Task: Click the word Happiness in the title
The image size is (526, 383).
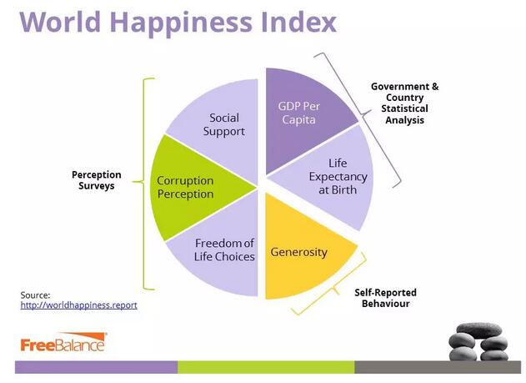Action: (x=181, y=23)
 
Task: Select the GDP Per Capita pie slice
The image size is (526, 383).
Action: (x=302, y=118)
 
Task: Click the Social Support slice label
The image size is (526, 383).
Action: (x=224, y=124)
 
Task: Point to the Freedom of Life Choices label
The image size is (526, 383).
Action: (x=224, y=249)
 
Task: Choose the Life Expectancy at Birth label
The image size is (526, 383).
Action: (x=338, y=176)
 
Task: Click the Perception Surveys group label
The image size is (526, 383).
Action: (x=97, y=180)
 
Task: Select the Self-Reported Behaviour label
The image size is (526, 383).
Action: (x=385, y=298)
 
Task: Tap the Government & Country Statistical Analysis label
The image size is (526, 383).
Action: (x=404, y=103)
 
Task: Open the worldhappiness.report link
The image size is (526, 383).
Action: (x=79, y=305)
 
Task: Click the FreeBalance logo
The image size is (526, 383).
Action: (x=63, y=342)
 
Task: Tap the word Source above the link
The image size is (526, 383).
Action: (x=35, y=295)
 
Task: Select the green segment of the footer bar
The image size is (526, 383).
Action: (x=266, y=367)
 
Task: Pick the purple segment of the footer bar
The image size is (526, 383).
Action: (x=96, y=367)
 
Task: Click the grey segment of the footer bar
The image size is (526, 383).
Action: (x=438, y=367)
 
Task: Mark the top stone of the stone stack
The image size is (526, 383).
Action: (x=479, y=330)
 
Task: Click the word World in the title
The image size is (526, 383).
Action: (x=60, y=23)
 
